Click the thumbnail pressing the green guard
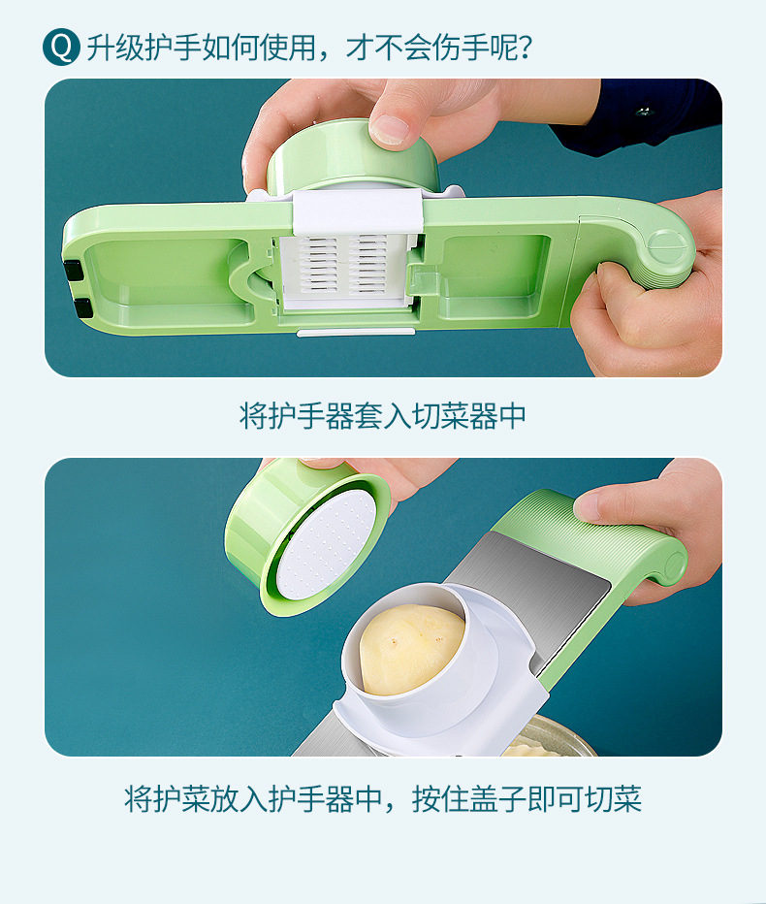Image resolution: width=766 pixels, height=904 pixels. [x=391, y=127]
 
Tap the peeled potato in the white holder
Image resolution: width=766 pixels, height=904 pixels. [x=412, y=648]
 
